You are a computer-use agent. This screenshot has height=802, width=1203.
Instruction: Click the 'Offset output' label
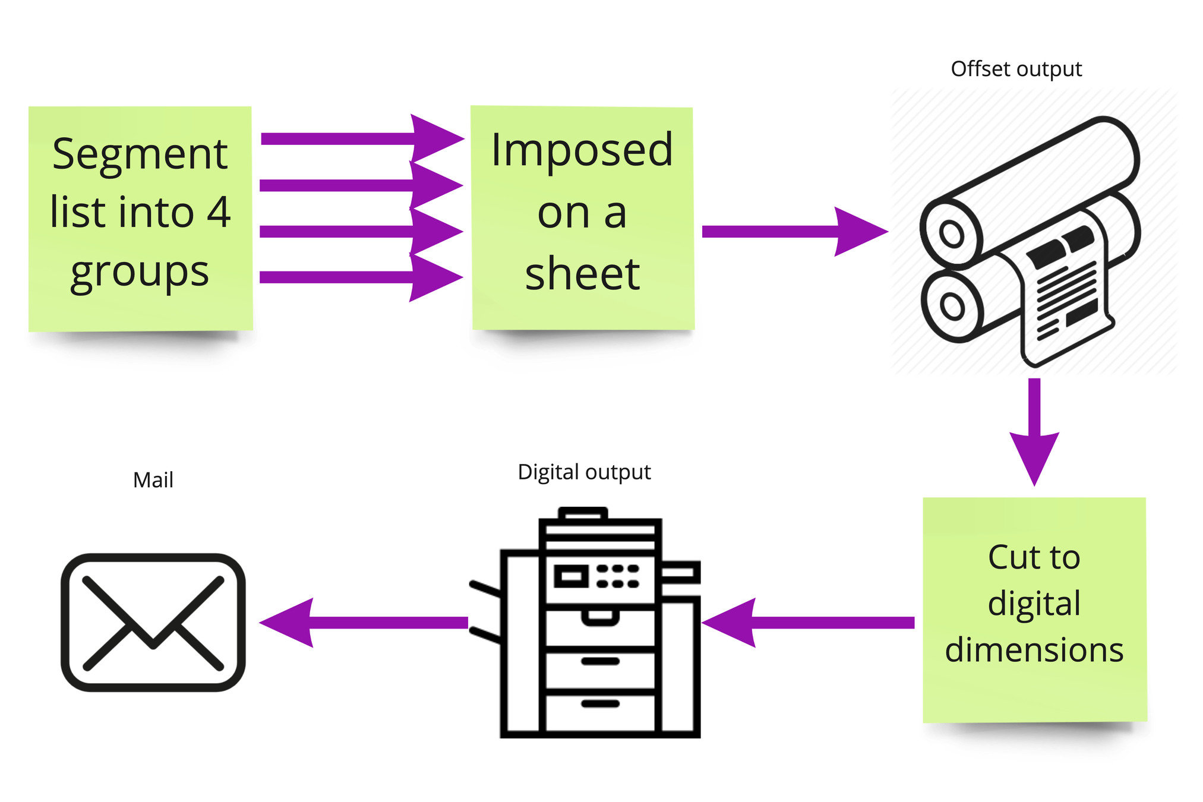1016,69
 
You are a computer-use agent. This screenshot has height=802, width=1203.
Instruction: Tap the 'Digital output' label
584,472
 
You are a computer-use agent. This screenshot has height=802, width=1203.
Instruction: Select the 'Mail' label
153,480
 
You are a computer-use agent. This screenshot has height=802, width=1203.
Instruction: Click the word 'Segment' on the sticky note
140,154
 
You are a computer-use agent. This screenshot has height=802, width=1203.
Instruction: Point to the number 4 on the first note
219,212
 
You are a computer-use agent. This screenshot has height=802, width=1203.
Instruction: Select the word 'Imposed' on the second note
582,150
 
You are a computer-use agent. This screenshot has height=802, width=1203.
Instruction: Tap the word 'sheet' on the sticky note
582,274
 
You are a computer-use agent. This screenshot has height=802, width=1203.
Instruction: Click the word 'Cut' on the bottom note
1010,557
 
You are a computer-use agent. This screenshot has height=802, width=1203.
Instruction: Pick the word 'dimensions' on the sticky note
1034,650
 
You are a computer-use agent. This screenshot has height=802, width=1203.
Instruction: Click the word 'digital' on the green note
1034,604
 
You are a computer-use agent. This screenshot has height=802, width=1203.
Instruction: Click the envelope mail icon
153,622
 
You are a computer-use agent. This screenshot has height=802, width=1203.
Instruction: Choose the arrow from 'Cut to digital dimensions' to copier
808,622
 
